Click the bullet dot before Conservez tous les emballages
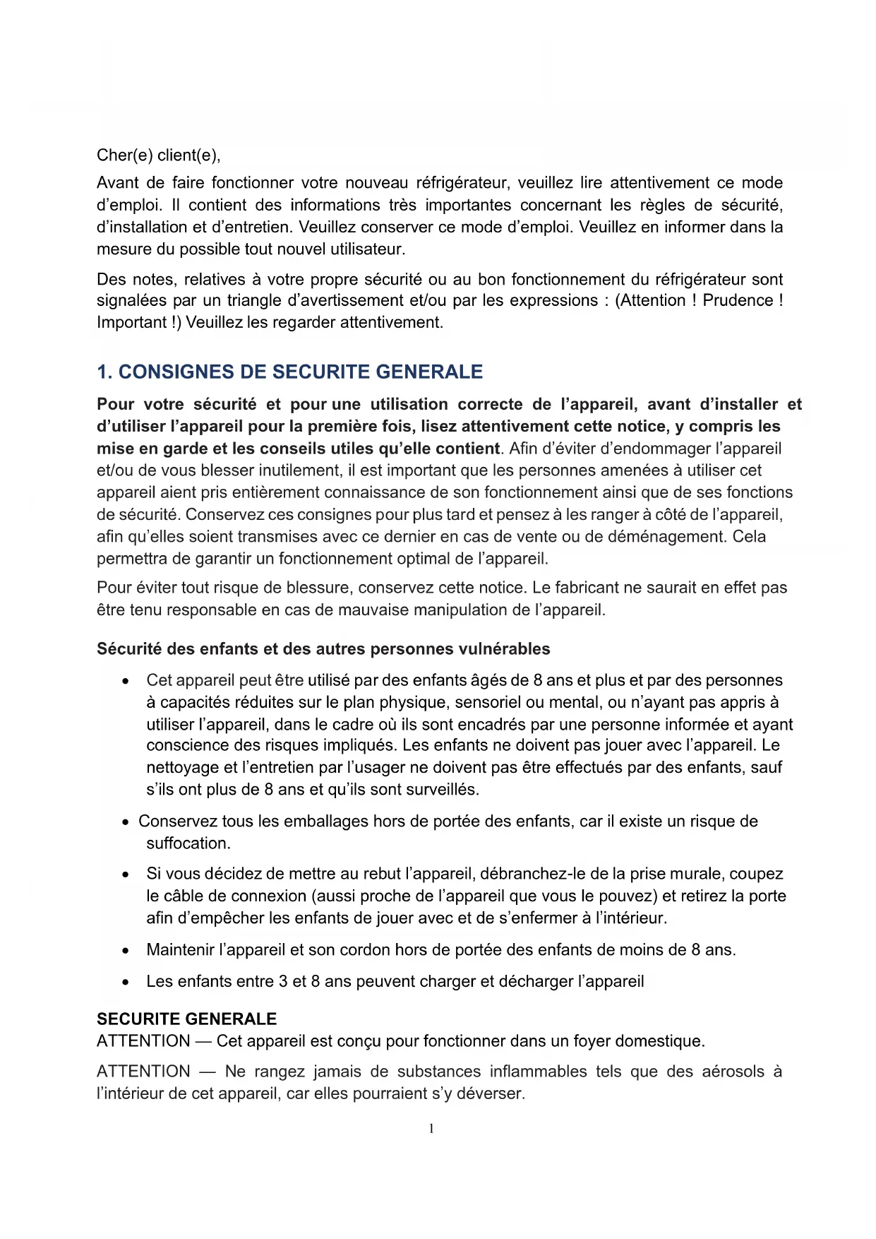(125, 822)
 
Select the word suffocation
(188, 843)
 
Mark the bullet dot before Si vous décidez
(125, 875)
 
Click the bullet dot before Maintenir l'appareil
(125, 951)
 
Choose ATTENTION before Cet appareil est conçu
(143, 1041)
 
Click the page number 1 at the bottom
(431, 1129)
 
